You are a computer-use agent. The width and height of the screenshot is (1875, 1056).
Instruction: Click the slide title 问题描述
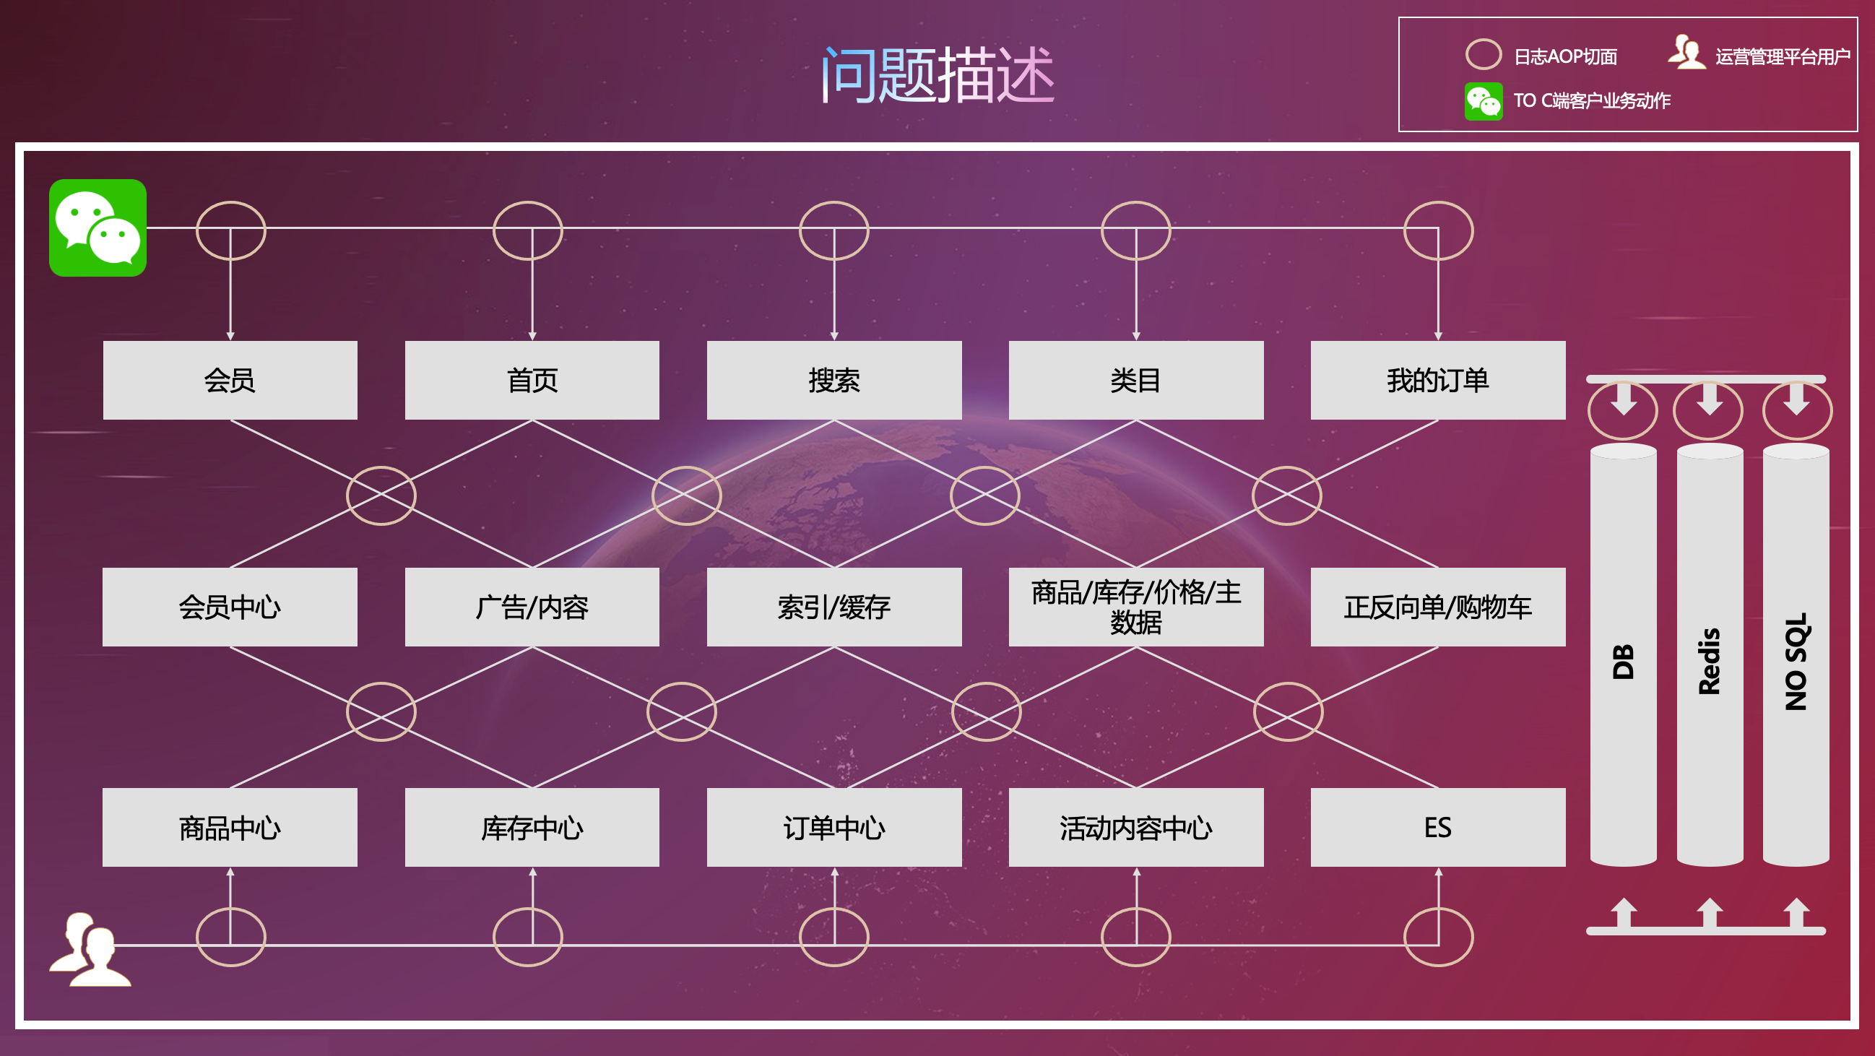coord(937,74)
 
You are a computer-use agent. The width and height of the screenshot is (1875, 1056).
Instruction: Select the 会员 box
coord(230,380)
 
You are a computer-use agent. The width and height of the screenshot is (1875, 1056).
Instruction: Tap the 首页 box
coord(532,380)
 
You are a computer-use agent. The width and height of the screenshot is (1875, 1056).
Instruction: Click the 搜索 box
coord(834,380)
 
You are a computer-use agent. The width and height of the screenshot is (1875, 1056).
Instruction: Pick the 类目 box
coord(1136,380)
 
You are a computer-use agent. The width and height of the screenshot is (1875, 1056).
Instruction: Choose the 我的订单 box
coord(1437,380)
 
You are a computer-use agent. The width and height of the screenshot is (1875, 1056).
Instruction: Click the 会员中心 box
coord(230,607)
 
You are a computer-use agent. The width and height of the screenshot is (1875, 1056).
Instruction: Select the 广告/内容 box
coord(532,607)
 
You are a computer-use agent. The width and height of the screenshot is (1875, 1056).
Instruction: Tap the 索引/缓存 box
coord(834,607)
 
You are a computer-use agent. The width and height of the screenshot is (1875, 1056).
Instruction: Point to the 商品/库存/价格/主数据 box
coord(1136,607)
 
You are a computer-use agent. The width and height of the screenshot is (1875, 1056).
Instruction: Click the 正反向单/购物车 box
coord(1437,607)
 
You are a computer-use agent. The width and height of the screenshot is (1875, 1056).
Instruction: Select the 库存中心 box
coord(532,828)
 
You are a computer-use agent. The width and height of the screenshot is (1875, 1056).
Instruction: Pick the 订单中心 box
coord(834,828)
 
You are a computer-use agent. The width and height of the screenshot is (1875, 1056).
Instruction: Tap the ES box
coord(1437,828)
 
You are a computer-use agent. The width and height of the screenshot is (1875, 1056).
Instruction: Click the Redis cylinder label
coord(1709,661)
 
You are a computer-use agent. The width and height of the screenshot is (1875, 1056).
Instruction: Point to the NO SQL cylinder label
coord(1796,661)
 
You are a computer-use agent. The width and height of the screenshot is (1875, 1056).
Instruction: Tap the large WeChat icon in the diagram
coord(98,228)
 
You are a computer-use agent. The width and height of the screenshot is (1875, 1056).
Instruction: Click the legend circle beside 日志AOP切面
coord(1484,55)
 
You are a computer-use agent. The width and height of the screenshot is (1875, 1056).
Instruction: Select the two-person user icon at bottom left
coord(90,950)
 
